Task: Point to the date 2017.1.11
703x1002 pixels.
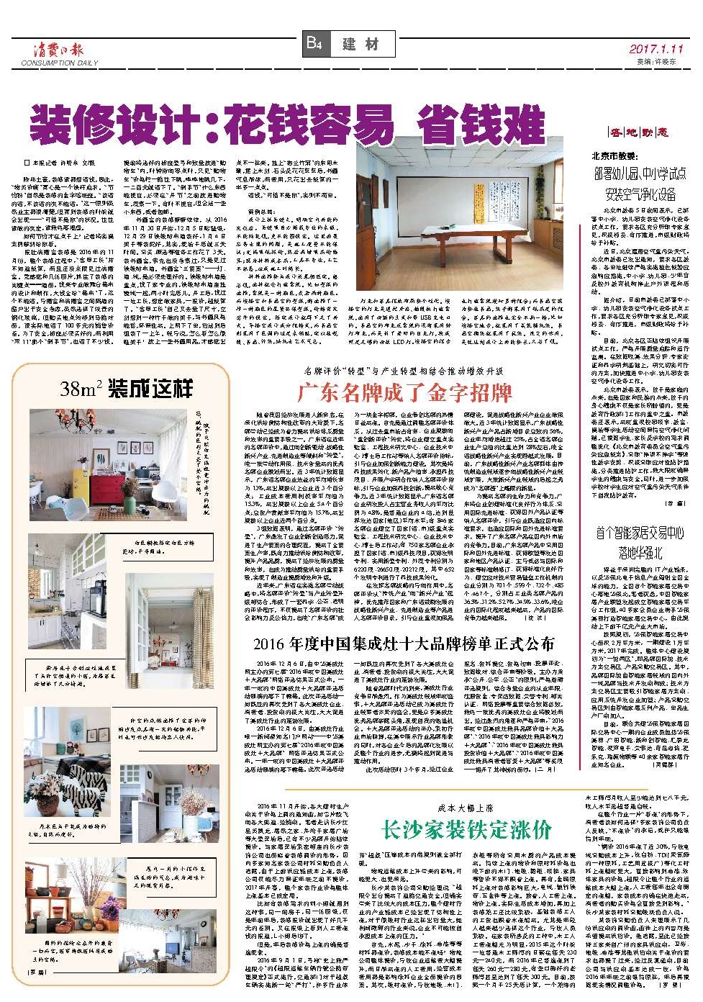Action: pyautogui.click(x=655, y=49)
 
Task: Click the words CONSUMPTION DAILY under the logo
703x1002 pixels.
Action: pyautogui.click(x=59, y=63)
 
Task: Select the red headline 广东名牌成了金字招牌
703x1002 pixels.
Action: pyautogui.click(x=404, y=392)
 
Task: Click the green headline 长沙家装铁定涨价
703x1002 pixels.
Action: pyautogui.click(x=466, y=829)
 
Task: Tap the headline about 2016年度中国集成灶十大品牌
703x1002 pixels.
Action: pyautogui.click(x=404, y=644)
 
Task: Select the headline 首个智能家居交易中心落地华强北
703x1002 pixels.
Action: pyautogui.click(x=640, y=541)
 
